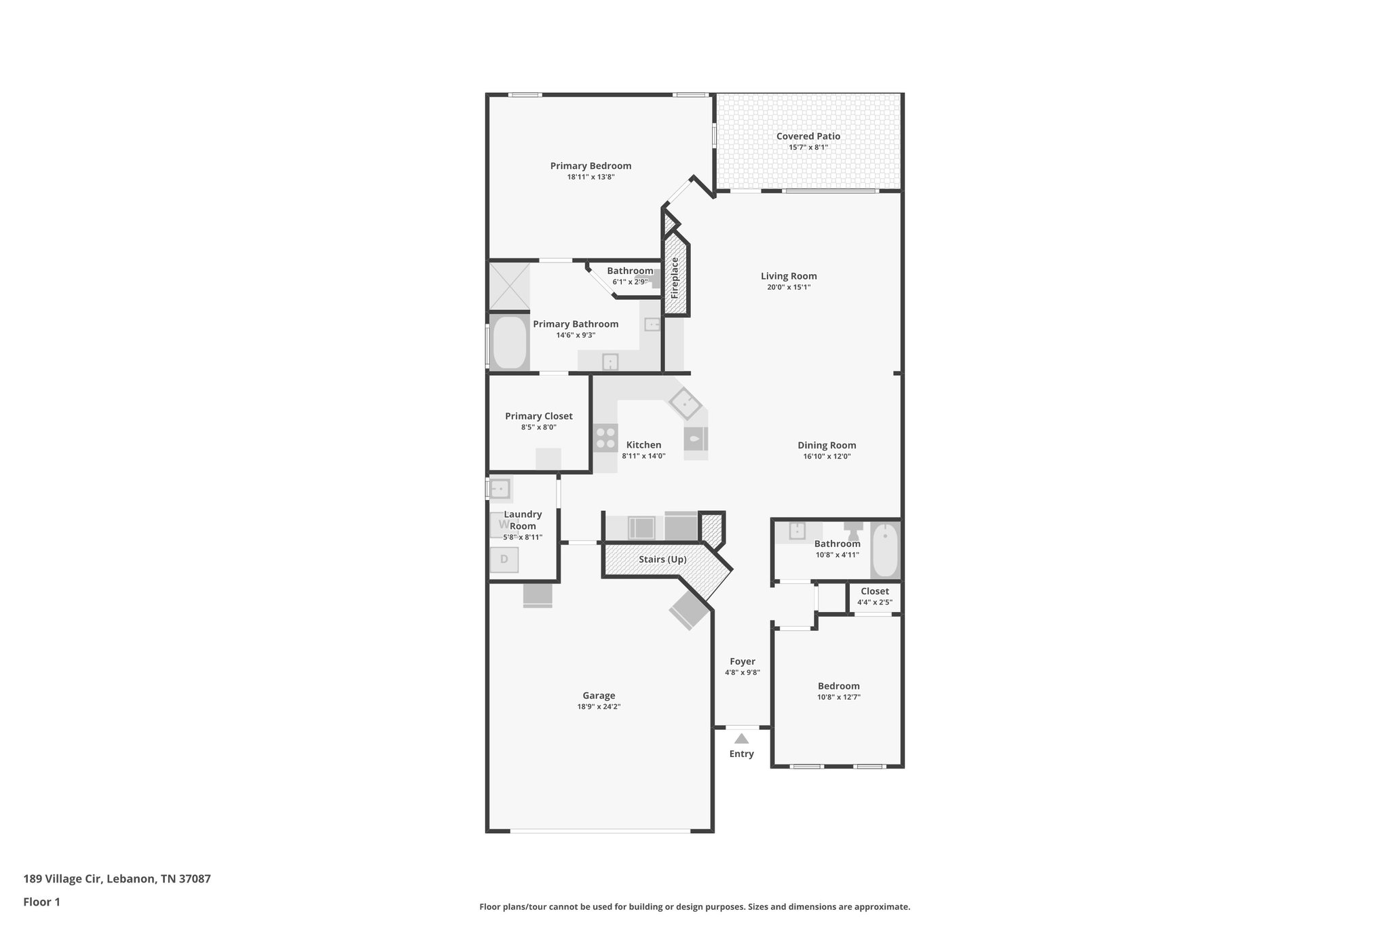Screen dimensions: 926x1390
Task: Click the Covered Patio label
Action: click(x=808, y=136)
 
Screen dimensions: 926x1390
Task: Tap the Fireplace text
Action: click(x=675, y=277)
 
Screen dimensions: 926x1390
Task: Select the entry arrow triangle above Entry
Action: click(x=741, y=739)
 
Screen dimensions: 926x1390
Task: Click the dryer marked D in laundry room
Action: click(x=504, y=560)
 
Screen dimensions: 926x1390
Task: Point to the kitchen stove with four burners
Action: click(x=605, y=438)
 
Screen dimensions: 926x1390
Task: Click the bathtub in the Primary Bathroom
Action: click(x=510, y=343)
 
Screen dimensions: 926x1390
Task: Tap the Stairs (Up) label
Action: click(x=662, y=560)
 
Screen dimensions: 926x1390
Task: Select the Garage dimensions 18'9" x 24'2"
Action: click(x=599, y=707)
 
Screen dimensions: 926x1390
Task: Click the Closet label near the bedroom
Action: click(x=874, y=592)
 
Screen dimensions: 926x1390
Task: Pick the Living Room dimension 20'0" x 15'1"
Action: click(x=789, y=287)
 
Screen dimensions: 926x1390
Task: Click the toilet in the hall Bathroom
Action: click(x=853, y=530)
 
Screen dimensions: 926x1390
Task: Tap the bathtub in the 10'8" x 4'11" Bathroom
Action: click(x=884, y=550)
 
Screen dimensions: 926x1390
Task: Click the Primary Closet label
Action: click(x=538, y=417)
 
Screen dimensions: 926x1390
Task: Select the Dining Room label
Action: click(x=827, y=446)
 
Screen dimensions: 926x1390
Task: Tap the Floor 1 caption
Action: click(x=41, y=902)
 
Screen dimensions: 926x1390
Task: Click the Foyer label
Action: click(x=742, y=661)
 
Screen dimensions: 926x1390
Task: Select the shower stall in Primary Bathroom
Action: click(x=509, y=286)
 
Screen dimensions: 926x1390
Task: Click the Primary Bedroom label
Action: click(x=590, y=166)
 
